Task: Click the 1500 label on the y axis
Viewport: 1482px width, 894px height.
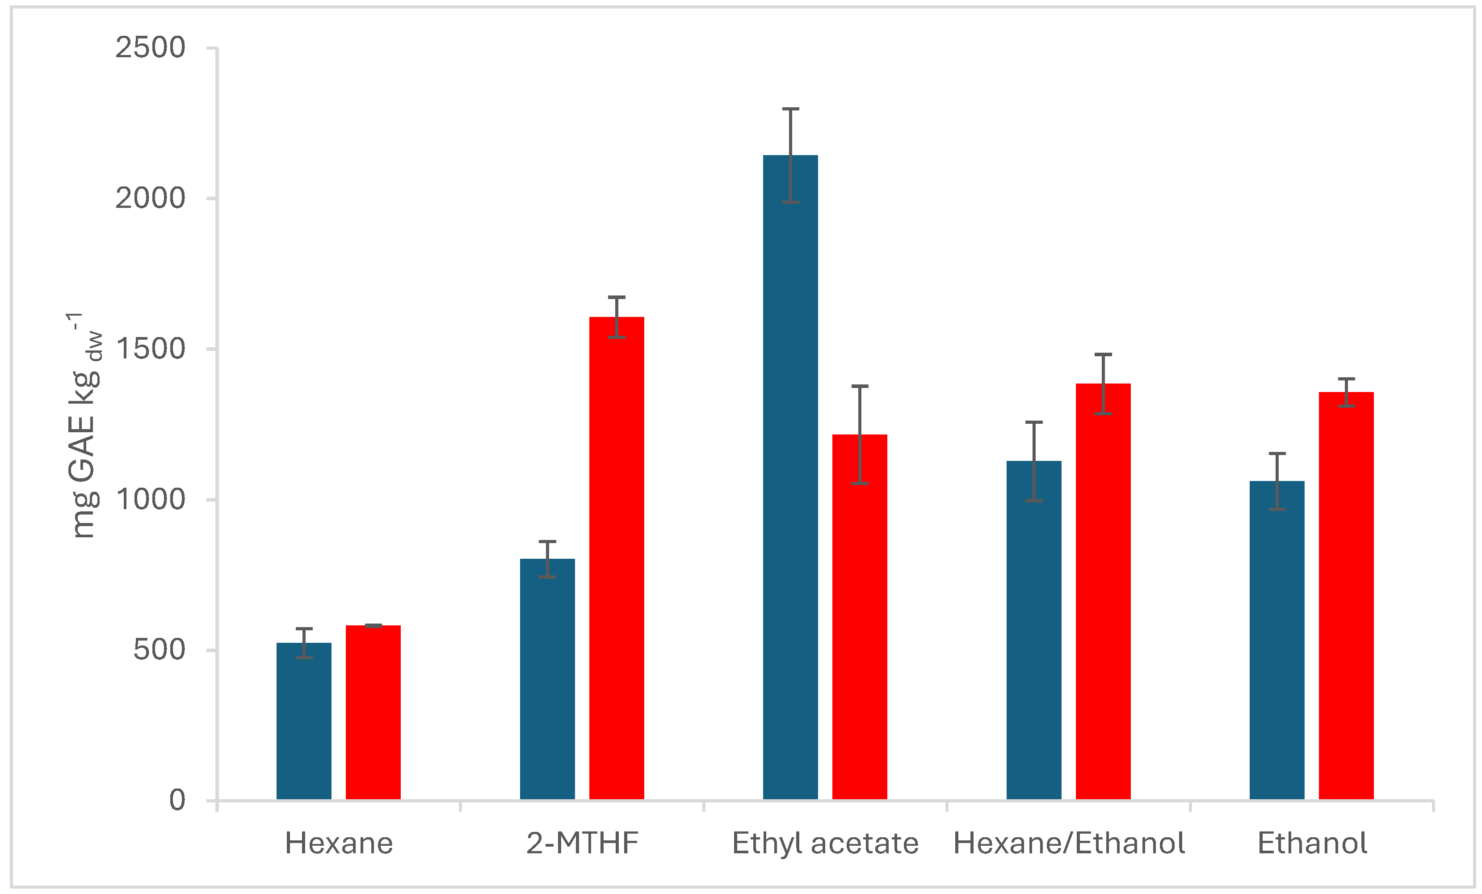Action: click(x=151, y=349)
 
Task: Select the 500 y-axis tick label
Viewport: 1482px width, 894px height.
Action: click(x=160, y=650)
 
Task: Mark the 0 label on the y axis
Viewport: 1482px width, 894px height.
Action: click(x=177, y=801)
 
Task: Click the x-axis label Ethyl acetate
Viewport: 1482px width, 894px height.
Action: click(x=825, y=843)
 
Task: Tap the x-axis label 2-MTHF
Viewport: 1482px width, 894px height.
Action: click(x=582, y=843)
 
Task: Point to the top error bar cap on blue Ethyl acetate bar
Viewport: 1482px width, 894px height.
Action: click(x=790, y=109)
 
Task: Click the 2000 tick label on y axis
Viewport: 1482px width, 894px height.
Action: click(x=151, y=198)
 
